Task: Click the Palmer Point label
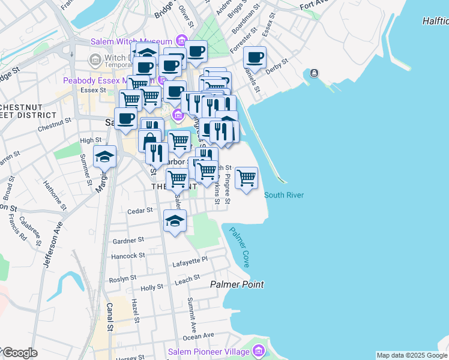237,284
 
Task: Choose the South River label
284,195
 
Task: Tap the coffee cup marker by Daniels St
255,58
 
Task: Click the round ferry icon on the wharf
314,73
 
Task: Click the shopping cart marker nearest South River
246,178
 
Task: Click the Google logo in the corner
19,353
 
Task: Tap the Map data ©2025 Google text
412,355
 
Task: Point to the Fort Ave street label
316,5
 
